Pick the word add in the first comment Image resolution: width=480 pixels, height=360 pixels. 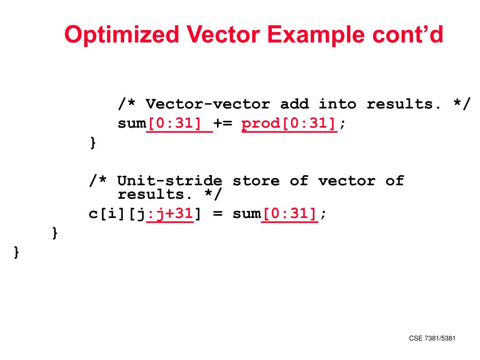[x=294, y=104]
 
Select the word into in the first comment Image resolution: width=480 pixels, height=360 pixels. [x=337, y=104]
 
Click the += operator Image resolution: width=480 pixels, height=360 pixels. [x=227, y=124]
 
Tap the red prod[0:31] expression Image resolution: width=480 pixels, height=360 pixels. [x=289, y=124]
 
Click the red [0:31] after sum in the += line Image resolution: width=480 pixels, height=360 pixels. [x=179, y=124]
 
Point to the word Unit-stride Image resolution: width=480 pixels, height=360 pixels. [x=170, y=180]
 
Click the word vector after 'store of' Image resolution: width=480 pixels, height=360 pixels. [x=347, y=180]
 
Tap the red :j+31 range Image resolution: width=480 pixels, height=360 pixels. [x=170, y=214]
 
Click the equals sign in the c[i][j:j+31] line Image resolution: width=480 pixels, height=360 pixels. [x=217, y=214]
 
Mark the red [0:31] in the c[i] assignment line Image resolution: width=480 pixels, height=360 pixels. [x=289, y=214]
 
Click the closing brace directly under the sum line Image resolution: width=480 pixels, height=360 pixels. [x=93, y=142]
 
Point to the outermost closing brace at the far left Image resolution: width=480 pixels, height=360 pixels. [x=17, y=252]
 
